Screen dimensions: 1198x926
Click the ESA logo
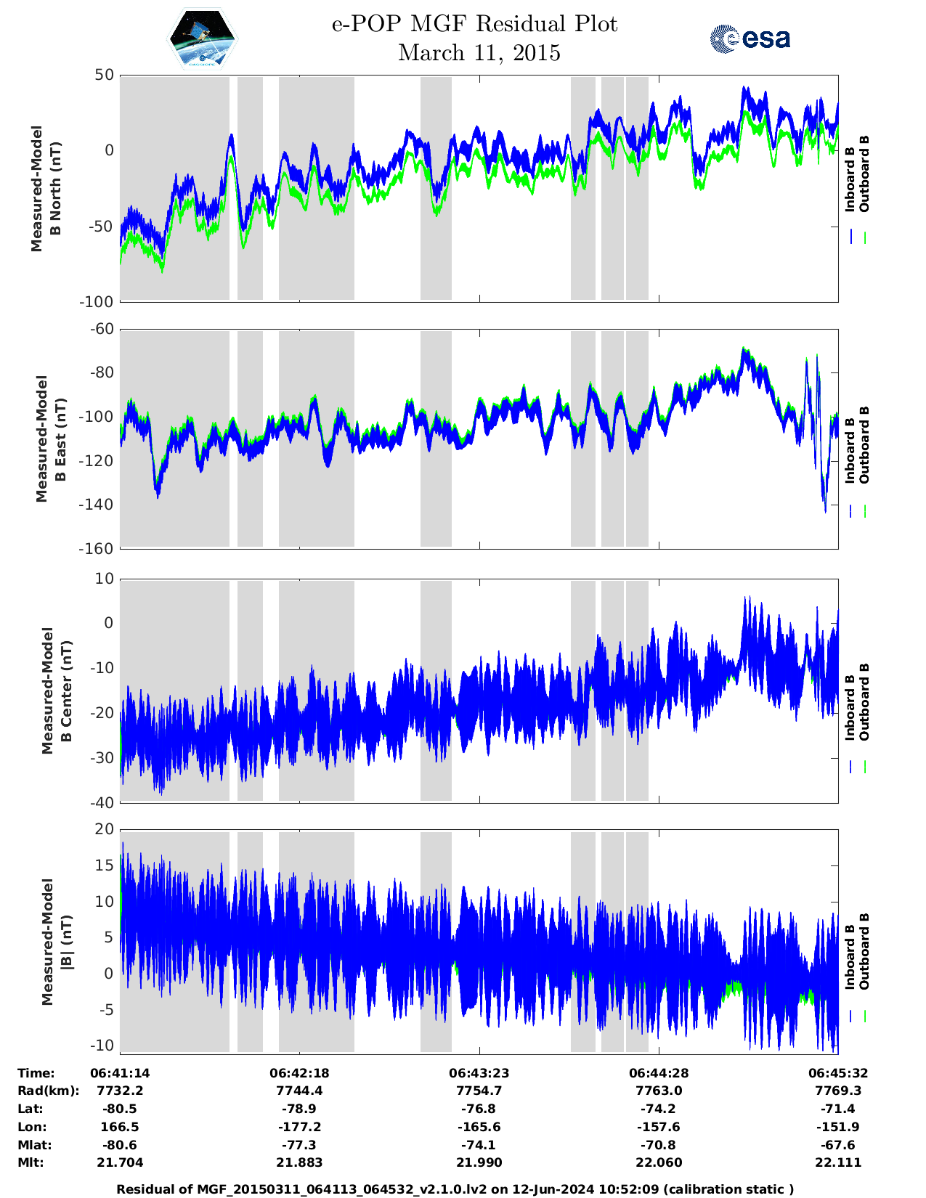coord(750,38)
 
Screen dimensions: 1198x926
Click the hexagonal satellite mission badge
coord(203,38)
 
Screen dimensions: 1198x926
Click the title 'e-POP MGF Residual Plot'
coord(474,24)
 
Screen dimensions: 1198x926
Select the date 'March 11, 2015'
coord(479,53)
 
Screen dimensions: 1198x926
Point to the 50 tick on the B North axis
coord(104,75)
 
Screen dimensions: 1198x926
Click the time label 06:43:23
coord(479,1073)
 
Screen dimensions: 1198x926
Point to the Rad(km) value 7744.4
coord(299,1091)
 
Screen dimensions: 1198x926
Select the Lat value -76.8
coord(479,1109)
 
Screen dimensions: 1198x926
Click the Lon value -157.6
coord(659,1127)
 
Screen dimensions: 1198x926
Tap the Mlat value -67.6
coord(837,1145)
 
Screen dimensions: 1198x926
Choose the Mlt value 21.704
coord(120,1162)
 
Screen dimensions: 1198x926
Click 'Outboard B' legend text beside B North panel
coord(864,174)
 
